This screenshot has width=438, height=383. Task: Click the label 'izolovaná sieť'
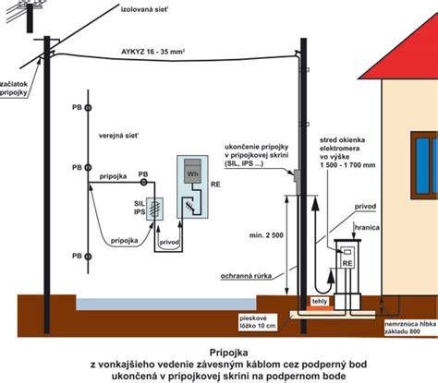pyautogui.click(x=144, y=9)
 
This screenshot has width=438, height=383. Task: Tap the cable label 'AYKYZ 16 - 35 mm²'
pyautogui.click(x=152, y=52)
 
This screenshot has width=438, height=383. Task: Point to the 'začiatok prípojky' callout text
pyautogui.click(x=14, y=89)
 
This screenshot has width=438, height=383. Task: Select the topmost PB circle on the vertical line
pyautogui.click(x=88, y=108)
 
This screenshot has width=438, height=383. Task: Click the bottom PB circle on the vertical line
pyautogui.click(x=88, y=257)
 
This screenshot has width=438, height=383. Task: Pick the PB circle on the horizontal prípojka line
pyautogui.click(x=143, y=183)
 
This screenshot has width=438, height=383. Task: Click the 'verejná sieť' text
pyautogui.click(x=118, y=136)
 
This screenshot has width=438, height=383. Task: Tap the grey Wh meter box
pyautogui.click(x=192, y=172)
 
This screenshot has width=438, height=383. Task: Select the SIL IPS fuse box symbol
pyautogui.click(x=154, y=209)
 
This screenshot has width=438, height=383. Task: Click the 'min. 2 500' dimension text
pyautogui.click(x=266, y=235)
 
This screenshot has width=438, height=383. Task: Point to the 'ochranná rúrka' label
pyautogui.click(x=246, y=276)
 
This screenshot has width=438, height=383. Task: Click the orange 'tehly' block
pyautogui.click(x=320, y=304)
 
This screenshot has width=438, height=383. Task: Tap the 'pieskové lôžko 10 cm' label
pyautogui.click(x=258, y=322)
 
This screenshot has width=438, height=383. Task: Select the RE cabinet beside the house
pyautogui.click(x=347, y=274)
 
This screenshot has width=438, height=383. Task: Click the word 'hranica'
pyautogui.click(x=367, y=228)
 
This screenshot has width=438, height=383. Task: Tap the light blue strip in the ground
pyautogui.click(x=166, y=304)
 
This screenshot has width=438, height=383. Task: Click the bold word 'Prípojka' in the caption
pyautogui.click(x=228, y=352)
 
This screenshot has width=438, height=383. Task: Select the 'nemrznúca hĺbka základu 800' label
pyautogui.click(x=410, y=328)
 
